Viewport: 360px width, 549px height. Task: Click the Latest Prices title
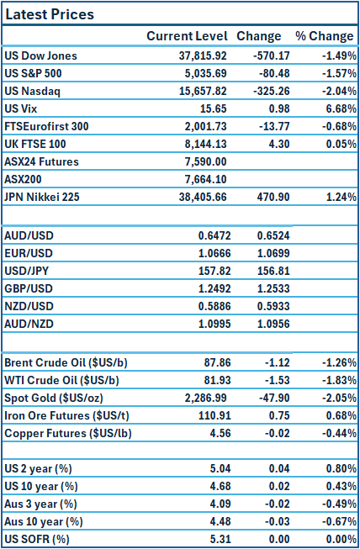(x=50, y=15)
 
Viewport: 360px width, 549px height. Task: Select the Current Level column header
(x=187, y=36)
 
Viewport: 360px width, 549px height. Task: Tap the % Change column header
(x=324, y=36)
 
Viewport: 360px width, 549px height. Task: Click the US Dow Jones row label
(x=40, y=55)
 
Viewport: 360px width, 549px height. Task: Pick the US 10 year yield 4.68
(x=217, y=486)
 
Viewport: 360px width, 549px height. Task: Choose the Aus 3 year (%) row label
(x=42, y=504)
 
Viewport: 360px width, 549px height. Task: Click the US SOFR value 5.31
(x=217, y=539)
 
